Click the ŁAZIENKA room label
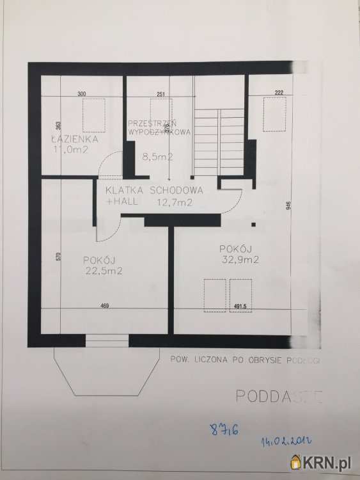pyautogui.click(x=74, y=139)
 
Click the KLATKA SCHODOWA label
pyautogui.click(x=155, y=190)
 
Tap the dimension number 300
pyautogui.click(x=81, y=94)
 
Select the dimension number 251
pyautogui.click(x=160, y=94)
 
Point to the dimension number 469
pyautogui.click(x=104, y=306)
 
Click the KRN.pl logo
pyautogui.click(x=323, y=461)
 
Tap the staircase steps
pyautogui.click(x=219, y=141)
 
